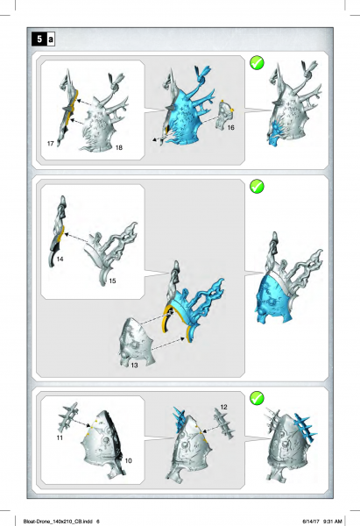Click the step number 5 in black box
coord(39,39)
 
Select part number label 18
coord(119,149)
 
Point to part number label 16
coord(231,128)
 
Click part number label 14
coord(60,260)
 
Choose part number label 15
coord(112,281)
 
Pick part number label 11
coord(60,436)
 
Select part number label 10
coord(127,461)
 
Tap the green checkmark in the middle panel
coord(258,187)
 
